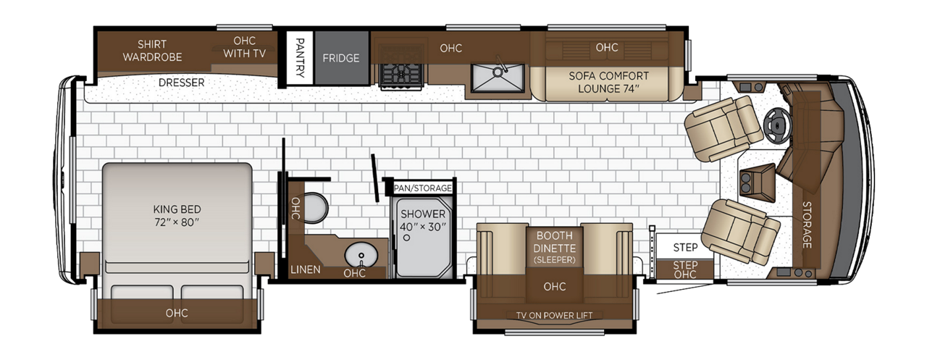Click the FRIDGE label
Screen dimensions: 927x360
pos(341,58)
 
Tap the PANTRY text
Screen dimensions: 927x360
pos(300,58)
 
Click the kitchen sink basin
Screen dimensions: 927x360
pos(498,78)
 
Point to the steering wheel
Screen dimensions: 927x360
pos(778,125)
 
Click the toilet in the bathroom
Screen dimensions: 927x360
pos(315,208)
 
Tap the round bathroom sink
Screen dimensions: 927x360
pos(361,255)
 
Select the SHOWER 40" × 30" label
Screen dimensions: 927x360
pos(423,220)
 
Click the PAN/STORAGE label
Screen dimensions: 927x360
pos(422,188)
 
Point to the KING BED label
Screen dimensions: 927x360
pos(177,216)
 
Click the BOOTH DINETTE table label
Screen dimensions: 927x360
pos(555,247)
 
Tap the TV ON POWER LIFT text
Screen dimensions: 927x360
pos(554,315)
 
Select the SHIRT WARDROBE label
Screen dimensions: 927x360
pos(152,51)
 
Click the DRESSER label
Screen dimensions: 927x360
pos(181,83)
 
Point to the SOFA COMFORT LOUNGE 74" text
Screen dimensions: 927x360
pos(609,83)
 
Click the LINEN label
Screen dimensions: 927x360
pos(306,269)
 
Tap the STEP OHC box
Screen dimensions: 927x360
pos(685,269)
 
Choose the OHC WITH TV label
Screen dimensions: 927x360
pos(244,47)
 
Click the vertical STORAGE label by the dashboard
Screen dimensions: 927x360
pos(807,225)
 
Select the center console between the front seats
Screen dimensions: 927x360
pos(757,183)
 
